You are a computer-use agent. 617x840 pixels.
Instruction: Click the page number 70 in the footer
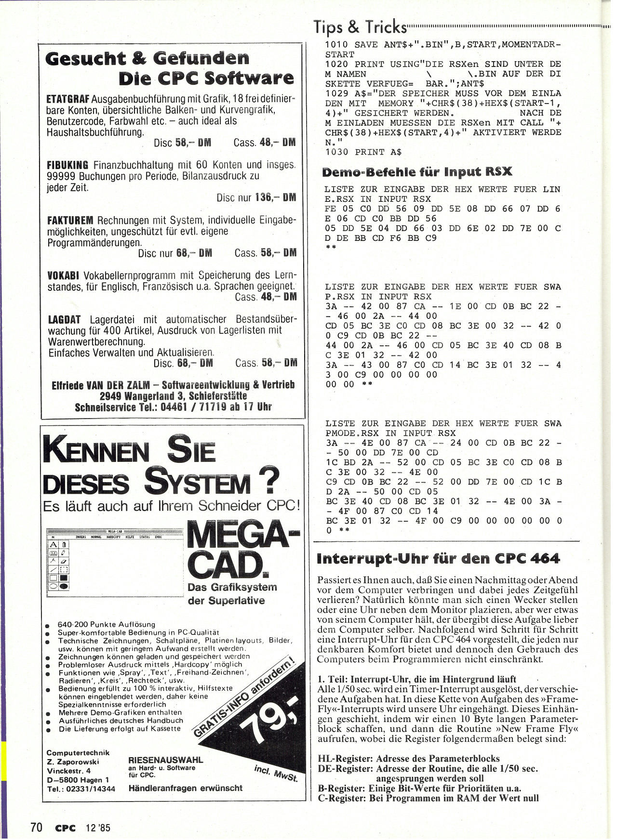coord(36,827)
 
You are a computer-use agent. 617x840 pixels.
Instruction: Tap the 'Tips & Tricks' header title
coord(360,27)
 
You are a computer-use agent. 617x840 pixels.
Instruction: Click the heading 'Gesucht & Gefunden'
coord(147,58)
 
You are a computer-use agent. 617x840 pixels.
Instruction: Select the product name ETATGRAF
coord(68,99)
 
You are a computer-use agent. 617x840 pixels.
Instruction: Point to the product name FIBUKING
coord(67,165)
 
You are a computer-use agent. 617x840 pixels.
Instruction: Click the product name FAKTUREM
coord(70,221)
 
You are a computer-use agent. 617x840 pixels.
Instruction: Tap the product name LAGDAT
coord(64,320)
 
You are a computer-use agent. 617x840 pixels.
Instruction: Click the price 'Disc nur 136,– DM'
coord(256,197)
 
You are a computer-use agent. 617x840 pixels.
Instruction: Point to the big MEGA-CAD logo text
coord(241,551)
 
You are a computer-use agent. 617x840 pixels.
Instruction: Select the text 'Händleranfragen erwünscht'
coord(185,788)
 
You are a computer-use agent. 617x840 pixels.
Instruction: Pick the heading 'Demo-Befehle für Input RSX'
coord(416,172)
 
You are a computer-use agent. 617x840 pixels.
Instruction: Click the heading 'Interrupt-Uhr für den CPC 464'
coord(438,559)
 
